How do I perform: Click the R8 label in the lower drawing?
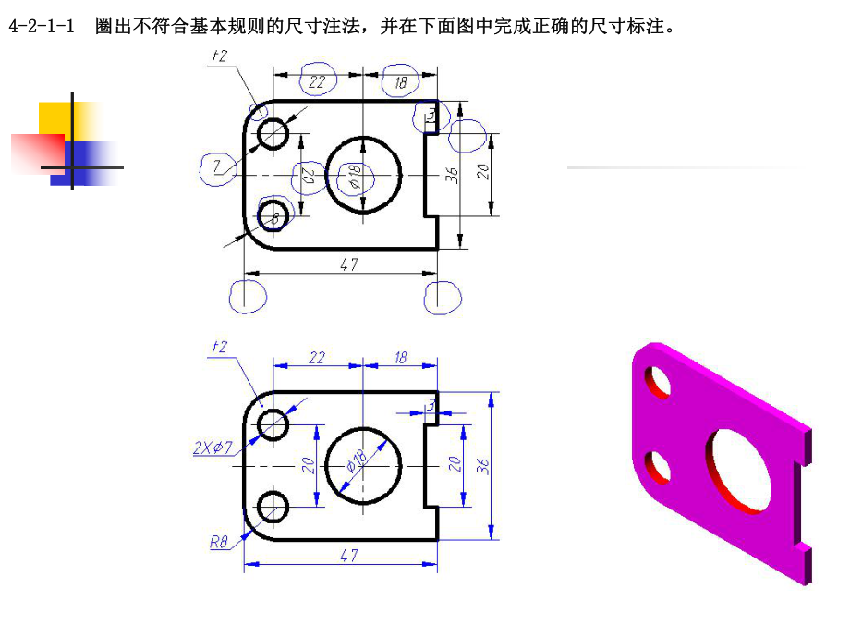[218, 543]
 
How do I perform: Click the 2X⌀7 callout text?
[214, 448]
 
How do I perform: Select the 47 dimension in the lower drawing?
[349, 555]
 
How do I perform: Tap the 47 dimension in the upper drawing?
[349, 264]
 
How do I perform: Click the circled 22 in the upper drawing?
[317, 82]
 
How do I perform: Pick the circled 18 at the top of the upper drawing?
[400, 82]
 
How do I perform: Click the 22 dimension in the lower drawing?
[317, 357]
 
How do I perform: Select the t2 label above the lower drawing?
[219, 347]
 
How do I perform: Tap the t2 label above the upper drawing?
[220, 56]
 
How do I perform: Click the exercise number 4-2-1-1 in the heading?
[41, 27]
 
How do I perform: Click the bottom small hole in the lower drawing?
[273, 507]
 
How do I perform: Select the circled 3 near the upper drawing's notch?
[431, 114]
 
